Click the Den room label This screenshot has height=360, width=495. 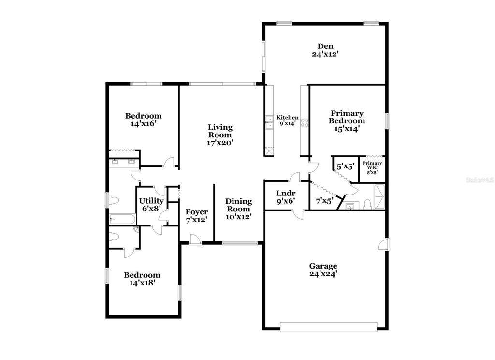click(x=325, y=46)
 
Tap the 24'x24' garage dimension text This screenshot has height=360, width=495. click(x=323, y=274)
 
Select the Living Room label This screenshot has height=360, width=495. click(x=220, y=131)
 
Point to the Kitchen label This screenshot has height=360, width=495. click(x=287, y=117)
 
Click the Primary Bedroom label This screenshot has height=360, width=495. click(x=347, y=117)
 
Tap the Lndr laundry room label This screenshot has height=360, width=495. click(x=286, y=193)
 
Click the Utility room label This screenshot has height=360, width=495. click(x=151, y=201)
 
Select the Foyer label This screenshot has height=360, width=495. click(x=196, y=212)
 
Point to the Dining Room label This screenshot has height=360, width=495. click(x=239, y=205)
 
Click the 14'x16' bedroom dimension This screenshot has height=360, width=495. click(x=144, y=123)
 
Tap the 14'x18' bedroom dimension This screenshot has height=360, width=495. click(x=142, y=283)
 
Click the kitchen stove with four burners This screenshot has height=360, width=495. click(x=305, y=122)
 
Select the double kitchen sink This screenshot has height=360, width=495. click(x=269, y=122)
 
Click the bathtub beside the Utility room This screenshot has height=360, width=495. click(x=122, y=219)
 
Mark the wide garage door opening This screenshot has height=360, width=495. click(x=328, y=327)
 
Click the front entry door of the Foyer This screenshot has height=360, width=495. click(x=196, y=240)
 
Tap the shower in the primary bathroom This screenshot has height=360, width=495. click(x=379, y=196)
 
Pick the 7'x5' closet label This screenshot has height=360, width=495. click(x=324, y=201)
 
